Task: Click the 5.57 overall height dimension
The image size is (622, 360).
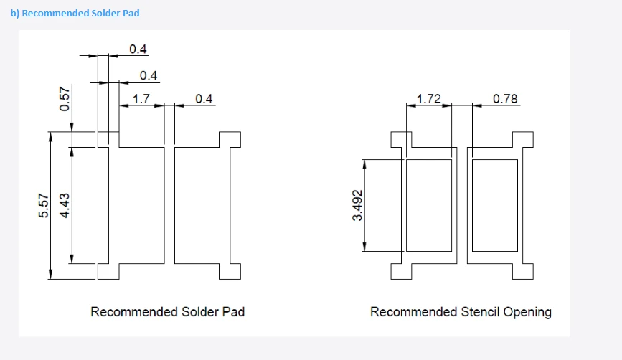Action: (44, 205)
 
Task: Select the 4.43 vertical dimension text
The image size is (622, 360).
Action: (65, 205)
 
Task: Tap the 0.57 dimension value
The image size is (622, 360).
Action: (65, 99)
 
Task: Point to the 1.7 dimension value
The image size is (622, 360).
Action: (141, 99)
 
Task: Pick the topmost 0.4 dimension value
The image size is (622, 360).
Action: (138, 49)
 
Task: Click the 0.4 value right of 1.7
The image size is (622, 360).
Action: (204, 99)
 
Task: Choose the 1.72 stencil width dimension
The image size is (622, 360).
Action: (429, 99)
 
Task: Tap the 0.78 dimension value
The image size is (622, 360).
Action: (505, 99)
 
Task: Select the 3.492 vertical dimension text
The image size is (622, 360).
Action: (357, 205)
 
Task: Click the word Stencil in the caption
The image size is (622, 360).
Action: (480, 312)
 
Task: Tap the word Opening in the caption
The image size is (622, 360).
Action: (527, 313)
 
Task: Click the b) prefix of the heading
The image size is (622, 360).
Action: (14, 13)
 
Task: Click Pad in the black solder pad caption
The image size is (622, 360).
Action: (233, 312)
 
